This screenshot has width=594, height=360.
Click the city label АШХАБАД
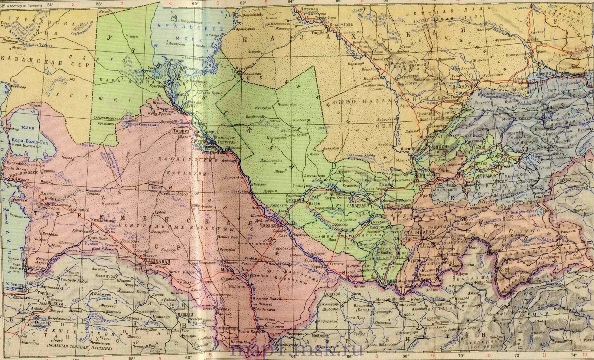coord(159,262)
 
